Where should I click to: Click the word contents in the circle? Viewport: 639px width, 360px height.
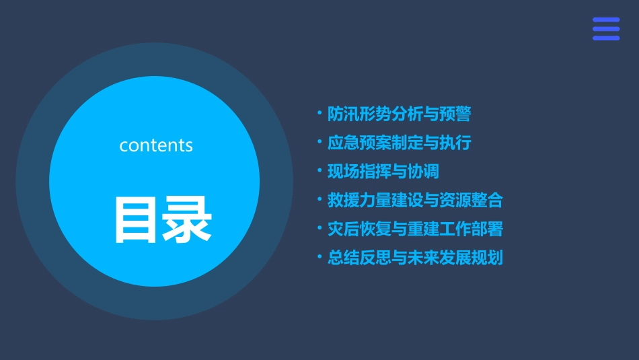(156, 145)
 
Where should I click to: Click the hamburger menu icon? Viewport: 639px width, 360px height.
(606, 29)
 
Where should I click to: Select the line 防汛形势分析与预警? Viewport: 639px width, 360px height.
(399, 114)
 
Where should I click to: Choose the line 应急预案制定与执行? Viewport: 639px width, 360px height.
(399, 143)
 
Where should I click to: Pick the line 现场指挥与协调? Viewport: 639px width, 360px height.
(383, 172)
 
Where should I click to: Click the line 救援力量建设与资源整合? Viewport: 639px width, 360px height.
(415, 200)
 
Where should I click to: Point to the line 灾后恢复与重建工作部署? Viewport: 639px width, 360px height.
(415, 229)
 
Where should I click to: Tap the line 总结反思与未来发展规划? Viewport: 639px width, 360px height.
(415, 258)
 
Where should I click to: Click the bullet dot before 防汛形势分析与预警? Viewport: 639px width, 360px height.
(319, 114)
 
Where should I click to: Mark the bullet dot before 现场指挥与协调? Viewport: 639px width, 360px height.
(319, 171)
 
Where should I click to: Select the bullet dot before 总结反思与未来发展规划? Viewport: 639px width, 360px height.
(319, 257)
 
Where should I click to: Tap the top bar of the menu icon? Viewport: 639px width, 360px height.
(606, 20)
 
